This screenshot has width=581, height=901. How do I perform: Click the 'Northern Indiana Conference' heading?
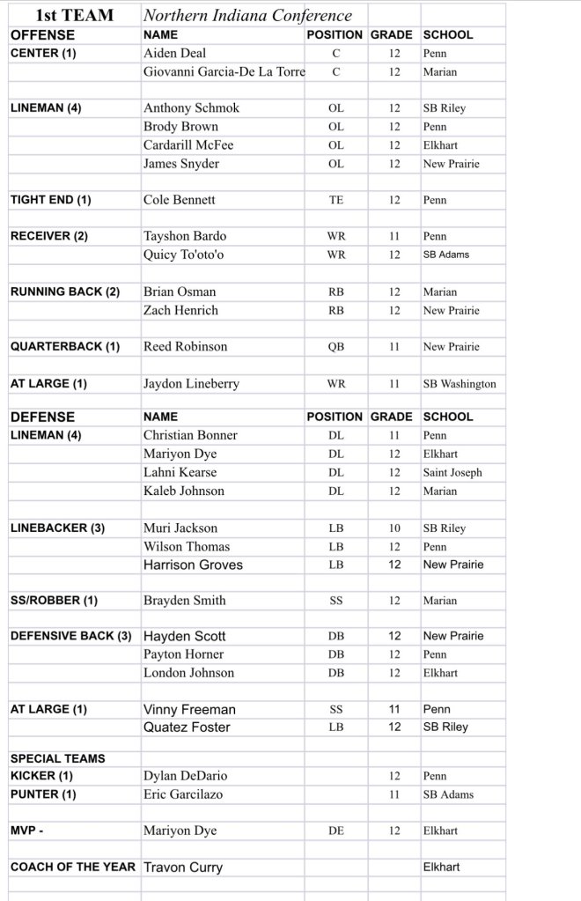click(247, 15)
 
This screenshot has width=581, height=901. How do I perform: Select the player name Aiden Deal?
click(175, 53)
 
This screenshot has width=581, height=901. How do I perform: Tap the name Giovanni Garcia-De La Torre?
click(224, 71)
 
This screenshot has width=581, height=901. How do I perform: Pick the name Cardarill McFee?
click(188, 144)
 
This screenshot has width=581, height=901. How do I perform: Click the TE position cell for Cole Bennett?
click(335, 200)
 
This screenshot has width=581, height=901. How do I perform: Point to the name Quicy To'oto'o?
click(185, 255)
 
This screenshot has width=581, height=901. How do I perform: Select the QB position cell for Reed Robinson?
click(335, 347)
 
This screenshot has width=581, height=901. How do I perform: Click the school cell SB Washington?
click(460, 384)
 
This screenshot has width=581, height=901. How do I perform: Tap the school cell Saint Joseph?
click(452, 472)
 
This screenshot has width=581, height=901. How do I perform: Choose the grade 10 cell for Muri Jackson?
click(394, 528)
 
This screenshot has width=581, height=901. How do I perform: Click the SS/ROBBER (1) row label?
click(55, 601)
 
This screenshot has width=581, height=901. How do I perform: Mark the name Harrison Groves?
click(193, 565)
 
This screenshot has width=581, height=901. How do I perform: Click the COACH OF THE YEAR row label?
click(73, 867)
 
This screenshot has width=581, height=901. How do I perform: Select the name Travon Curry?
click(183, 868)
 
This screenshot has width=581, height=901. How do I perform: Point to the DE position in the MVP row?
click(335, 831)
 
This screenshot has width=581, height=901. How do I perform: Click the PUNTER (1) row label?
click(43, 794)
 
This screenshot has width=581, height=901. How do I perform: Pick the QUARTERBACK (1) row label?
click(65, 347)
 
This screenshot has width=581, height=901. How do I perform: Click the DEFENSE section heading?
click(42, 417)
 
